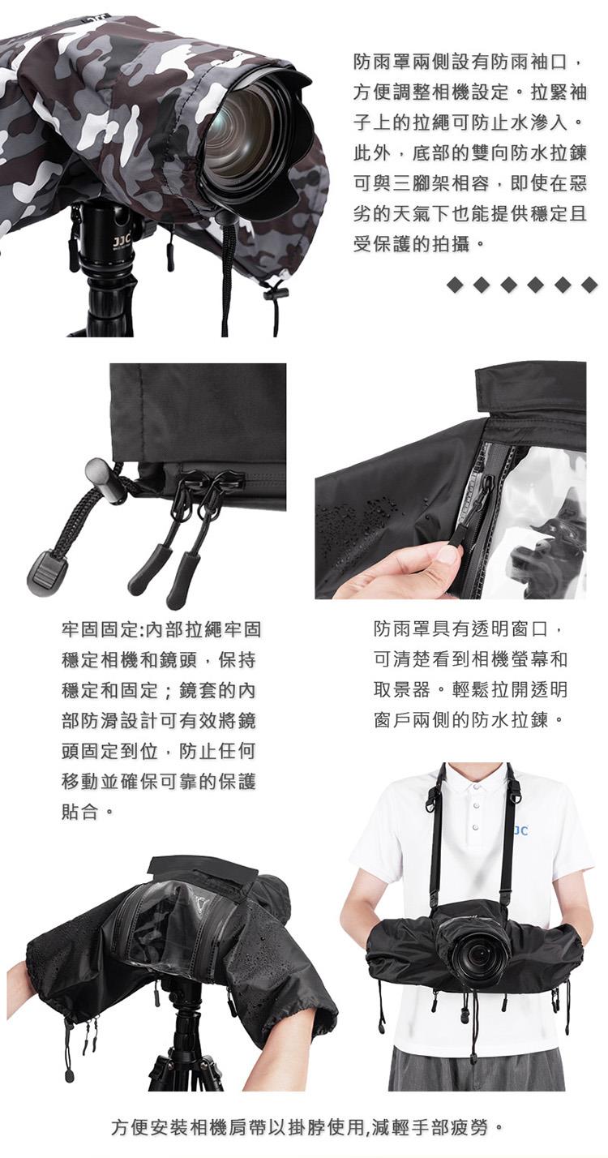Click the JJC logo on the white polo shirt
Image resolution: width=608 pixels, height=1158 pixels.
click(x=520, y=831)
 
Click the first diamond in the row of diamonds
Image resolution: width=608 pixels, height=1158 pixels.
click(x=454, y=285)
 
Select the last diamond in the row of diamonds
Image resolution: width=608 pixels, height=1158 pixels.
click(x=589, y=285)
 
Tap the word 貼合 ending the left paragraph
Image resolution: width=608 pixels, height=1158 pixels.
click(x=80, y=812)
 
